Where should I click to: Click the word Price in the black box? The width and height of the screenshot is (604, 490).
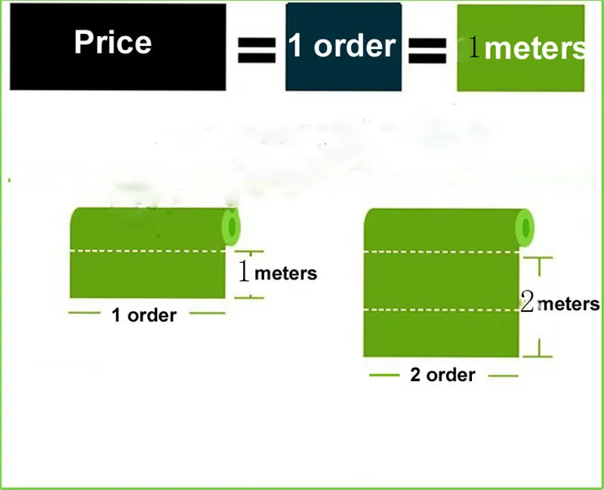tap(113, 42)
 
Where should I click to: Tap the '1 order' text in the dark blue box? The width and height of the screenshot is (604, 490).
tap(341, 46)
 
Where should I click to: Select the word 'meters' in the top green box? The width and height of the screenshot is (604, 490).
tap(535, 48)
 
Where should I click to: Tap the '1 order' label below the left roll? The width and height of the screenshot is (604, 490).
tap(143, 315)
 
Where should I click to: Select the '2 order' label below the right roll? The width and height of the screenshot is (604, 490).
tap(442, 374)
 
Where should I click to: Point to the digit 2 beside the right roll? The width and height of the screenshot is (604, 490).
tap(528, 304)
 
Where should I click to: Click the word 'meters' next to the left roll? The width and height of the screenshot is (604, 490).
tap(285, 273)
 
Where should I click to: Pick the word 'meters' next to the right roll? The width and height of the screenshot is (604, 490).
tap(569, 304)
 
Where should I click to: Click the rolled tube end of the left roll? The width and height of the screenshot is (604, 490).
tap(230, 226)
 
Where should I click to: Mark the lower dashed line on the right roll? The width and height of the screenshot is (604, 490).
tap(442, 310)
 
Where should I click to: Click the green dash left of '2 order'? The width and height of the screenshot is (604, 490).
tap(384, 374)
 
